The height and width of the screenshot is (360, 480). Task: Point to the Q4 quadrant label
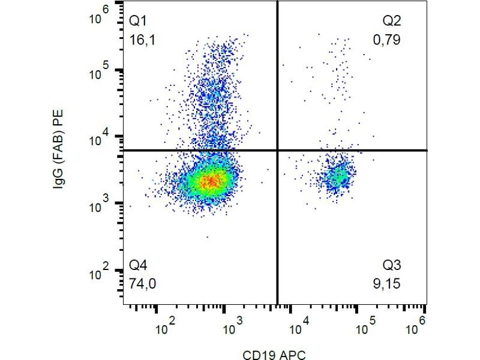138,265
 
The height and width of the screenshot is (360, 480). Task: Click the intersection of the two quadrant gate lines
277,150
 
